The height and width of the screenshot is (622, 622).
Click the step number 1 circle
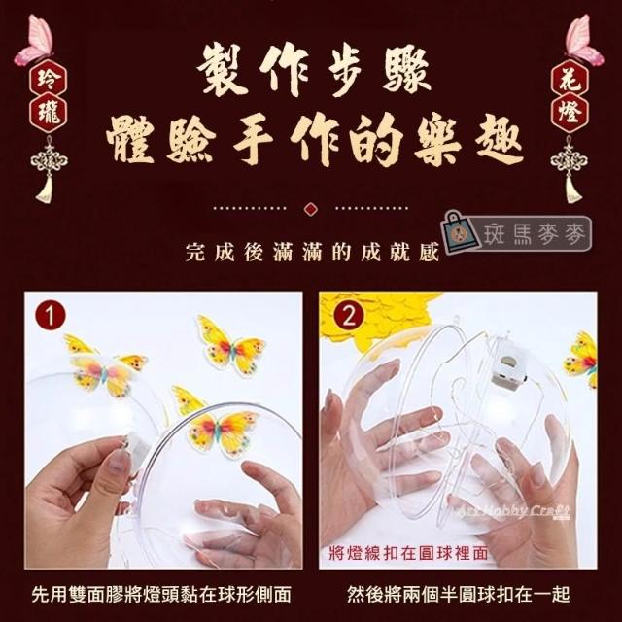tap(50, 315)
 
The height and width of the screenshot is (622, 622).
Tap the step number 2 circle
tap(349, 316)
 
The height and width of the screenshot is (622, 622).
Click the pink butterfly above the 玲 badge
tap(35, 40)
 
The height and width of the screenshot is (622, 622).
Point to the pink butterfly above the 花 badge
tap(584, 40)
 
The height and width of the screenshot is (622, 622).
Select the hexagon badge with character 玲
tap(49, 79)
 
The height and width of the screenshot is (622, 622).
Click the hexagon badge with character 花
tap(570, 79)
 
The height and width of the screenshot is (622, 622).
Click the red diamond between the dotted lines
tap(311, 208)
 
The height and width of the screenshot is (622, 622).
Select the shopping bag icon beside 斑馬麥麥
tap(461, 232)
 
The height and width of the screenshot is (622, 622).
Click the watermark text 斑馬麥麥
tap(534, 234)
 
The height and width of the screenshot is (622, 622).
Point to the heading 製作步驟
tap(313, 72)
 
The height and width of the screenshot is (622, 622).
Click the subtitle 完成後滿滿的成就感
tap(312, 253)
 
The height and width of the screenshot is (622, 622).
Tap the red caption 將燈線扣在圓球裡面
tap(408, 553)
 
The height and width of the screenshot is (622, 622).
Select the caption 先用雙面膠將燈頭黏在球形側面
tap(161, 594)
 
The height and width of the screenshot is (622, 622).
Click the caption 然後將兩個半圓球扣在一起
tap(459, 594)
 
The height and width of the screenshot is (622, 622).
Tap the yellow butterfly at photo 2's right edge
tap(581, 359)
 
